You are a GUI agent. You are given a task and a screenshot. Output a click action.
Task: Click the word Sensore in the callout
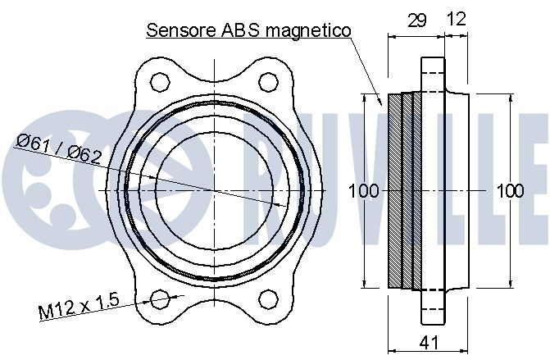pos(180,30)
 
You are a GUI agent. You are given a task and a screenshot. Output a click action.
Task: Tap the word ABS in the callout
pos(240,30)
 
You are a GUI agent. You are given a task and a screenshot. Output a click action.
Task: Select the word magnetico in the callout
pos(308,31)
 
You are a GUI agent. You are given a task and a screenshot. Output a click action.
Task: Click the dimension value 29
pos(417,21)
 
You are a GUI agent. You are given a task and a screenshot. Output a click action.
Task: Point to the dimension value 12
pos(457,19)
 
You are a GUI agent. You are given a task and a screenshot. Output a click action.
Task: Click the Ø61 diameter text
pos(33,144)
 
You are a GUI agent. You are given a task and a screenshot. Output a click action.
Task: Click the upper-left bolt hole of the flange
pos(160,82)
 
